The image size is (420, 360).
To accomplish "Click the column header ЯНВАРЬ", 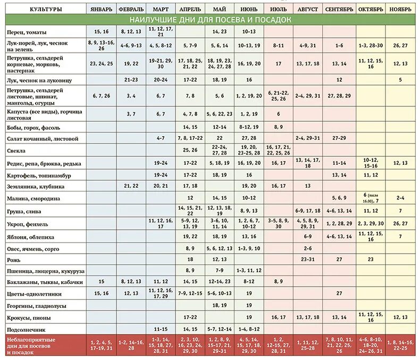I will click(101, 10).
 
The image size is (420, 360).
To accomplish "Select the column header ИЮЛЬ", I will click(278, 10).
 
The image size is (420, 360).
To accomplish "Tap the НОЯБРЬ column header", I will click(400, 10).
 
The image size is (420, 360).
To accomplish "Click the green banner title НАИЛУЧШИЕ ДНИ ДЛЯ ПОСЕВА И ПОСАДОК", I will click(210, 20).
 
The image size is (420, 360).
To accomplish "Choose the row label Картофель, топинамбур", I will click(39, 175).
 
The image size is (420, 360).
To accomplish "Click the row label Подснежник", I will click(25, 329).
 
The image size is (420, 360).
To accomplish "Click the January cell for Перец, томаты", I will click(101, 32).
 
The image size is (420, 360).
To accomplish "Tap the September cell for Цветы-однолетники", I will click(339, 294).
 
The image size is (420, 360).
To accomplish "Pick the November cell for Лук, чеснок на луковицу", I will click(400, 80).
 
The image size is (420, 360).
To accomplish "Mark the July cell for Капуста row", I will click(278, 114).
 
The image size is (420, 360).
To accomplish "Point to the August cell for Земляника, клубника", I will click(308, 186).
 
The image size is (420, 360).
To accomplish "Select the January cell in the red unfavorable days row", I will click(101, 345).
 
